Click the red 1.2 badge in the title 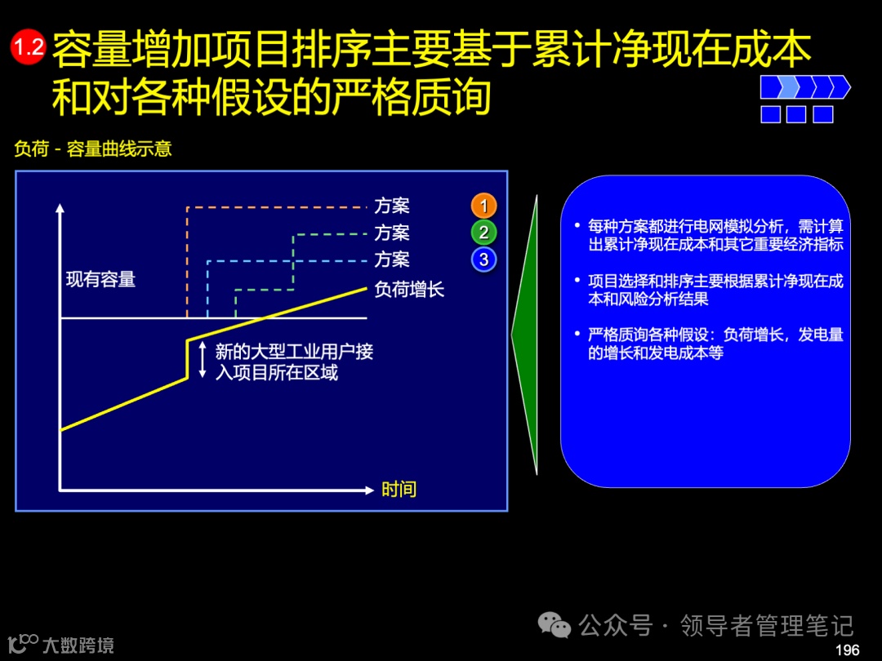point(28,47)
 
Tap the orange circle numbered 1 point(483,206)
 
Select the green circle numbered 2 point(483,233)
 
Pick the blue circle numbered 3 point(483,260)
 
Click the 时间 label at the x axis point(399,490)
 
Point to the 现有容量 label point(100,279)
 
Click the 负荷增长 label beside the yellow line point(409,289)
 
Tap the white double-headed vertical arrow point(203,360)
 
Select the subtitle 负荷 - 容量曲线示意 point(93,149)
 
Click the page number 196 point(848,650)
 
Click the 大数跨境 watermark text point(78,645)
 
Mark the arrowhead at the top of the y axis point(60,209)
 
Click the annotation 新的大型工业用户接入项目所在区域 point(294,362)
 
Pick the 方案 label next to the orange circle point(392,206)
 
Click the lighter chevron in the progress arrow point(788,87)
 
